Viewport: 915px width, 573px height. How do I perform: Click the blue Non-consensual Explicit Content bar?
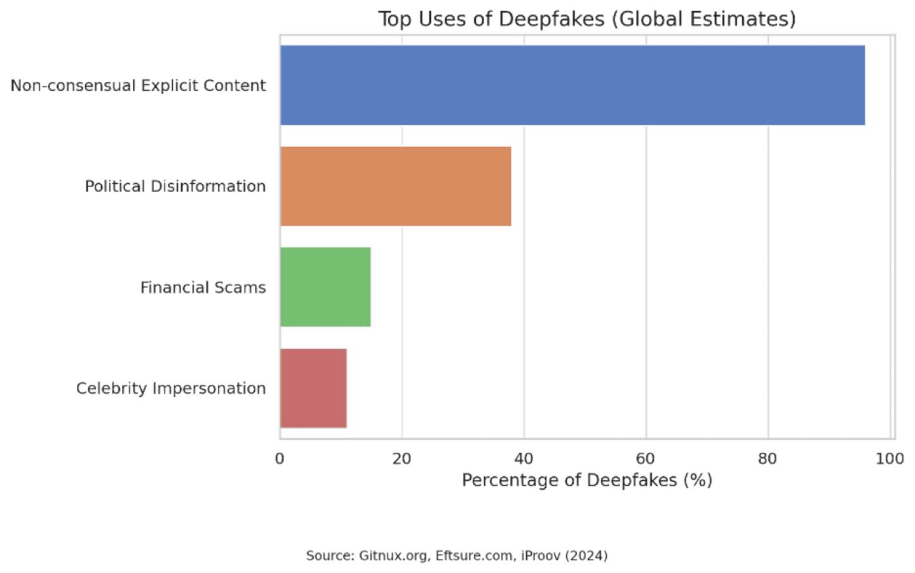pos(572,85)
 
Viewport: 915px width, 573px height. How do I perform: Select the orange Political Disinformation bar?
pos(395,186)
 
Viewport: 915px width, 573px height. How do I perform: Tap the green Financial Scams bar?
pos(325,287)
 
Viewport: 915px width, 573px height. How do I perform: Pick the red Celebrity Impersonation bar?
pos(313,388)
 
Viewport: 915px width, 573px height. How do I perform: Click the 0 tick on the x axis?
pos(280,459)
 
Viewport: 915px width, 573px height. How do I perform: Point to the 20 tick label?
pos(402,459)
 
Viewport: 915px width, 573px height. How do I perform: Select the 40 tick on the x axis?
pos(524,459)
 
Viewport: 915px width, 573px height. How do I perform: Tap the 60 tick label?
pos(646,459)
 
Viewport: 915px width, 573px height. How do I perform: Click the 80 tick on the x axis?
pos(768,459)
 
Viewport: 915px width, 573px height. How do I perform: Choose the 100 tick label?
pos(890,459)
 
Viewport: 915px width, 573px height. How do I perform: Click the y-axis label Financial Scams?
pos(203,287)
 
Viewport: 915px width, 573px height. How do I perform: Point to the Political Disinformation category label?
pos(175,186)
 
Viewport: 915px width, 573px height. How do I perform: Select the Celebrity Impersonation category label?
pos(170,388)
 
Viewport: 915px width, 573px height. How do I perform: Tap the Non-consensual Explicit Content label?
pos(138,85)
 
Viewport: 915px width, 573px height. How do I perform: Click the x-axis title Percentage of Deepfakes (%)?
pos(586,480)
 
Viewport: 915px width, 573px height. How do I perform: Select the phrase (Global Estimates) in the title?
pos(703,19)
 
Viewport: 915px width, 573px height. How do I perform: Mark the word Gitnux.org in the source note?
pos(393,556)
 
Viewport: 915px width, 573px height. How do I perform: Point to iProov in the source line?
pos(541,556)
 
